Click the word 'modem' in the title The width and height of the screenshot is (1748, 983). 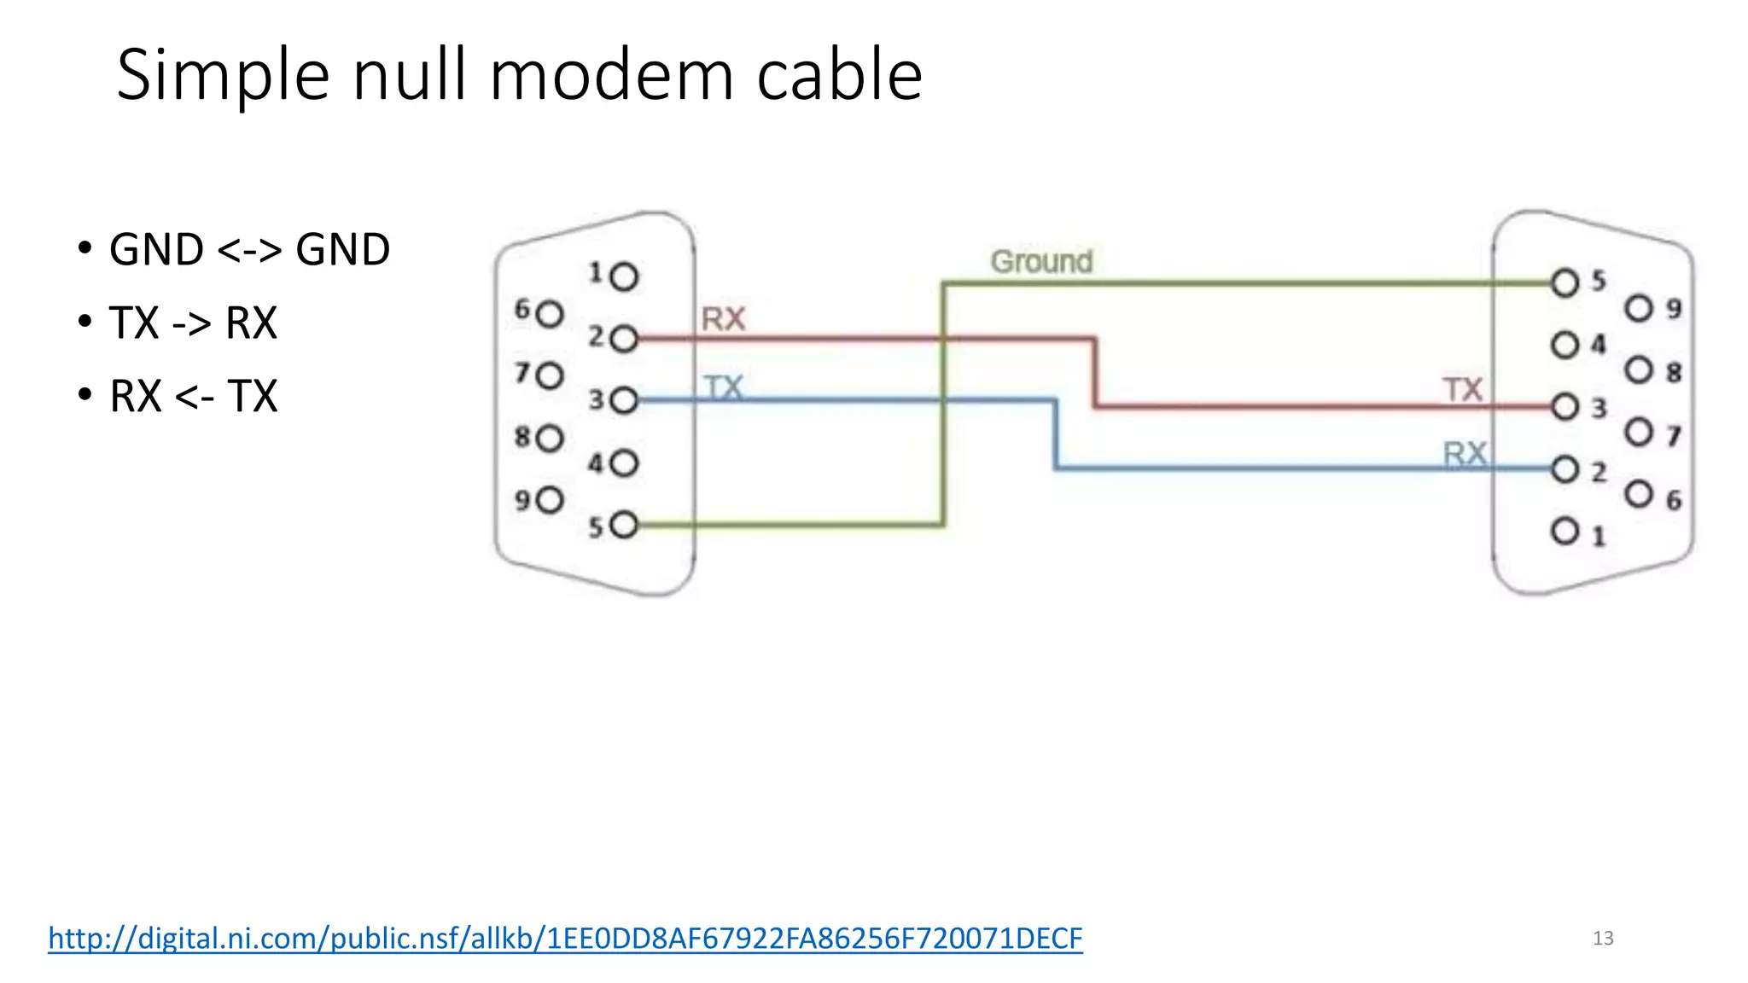tap(611, 75)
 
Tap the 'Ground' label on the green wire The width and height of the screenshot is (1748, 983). tap(1041, 261)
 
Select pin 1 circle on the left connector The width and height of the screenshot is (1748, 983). tap(625, 276)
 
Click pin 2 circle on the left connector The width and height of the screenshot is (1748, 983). tap(625, 339)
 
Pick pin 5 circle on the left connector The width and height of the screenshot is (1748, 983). tap(625, 524)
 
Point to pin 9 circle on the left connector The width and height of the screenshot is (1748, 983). tap(551, 499)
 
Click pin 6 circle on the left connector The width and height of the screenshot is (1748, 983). tap(551, 313)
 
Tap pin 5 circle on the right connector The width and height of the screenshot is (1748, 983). tap(1564, 282)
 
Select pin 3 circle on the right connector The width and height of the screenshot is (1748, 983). tap(1564, 406)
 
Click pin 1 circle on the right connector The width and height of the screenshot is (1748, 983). tap(1564, 531)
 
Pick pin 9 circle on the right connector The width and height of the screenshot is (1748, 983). tap(1639, 308)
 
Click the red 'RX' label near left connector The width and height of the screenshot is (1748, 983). tap(723, 319)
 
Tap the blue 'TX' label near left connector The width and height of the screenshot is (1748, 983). tap(724, 388)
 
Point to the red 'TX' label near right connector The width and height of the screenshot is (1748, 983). tap(1463, 390)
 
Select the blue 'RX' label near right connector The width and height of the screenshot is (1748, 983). tap(1465, 454)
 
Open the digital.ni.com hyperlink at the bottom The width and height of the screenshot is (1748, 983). tap(565, 938)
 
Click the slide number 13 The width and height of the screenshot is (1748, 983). tap(1603, 939)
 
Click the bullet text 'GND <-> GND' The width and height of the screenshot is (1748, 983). tap(249, 250)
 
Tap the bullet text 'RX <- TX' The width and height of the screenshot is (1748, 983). tap(194, 397)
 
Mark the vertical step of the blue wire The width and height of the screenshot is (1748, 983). tap(1056, 433)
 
